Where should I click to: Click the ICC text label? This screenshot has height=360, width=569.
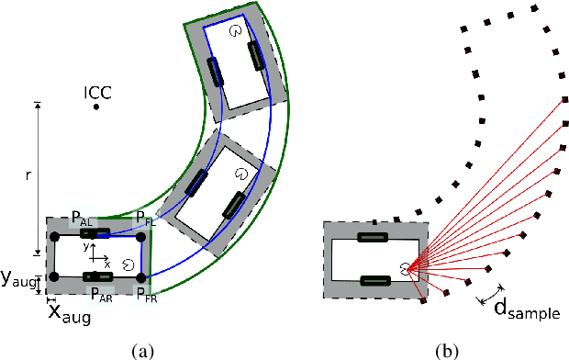point(97,93)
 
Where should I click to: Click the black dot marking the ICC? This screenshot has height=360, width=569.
point(96,107)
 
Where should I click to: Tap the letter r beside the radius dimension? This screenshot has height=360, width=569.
point(28,175)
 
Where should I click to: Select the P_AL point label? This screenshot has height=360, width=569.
point(83,219)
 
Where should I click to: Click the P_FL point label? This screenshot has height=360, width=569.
point(146,219)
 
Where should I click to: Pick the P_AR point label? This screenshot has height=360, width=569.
point(102,295)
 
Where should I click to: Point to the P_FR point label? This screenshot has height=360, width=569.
point(147,295)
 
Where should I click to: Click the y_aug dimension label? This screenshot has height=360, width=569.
point(18,279)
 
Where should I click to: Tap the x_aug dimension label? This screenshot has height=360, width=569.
point(70,314)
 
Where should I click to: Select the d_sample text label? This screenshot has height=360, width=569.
point(527,309)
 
